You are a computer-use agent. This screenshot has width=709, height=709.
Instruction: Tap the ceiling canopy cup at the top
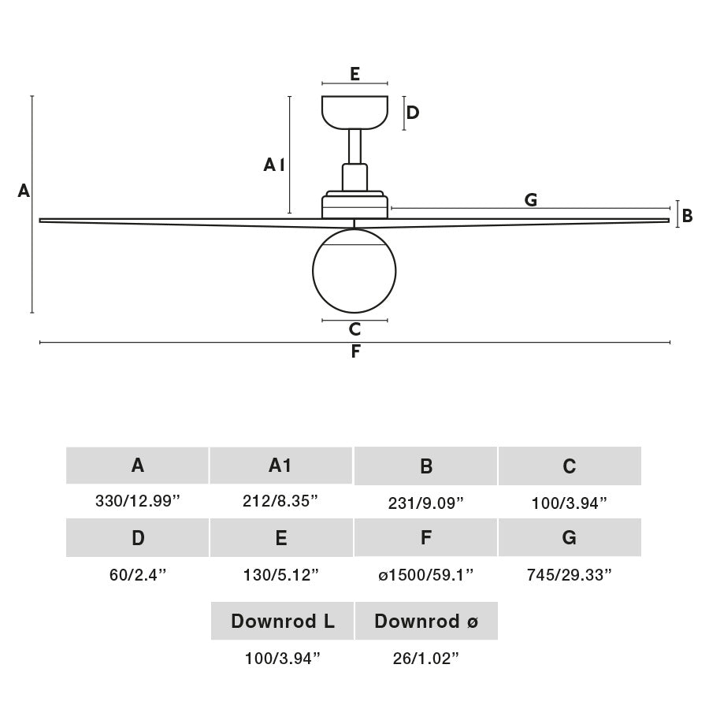pyautogui.click(x=354, y=110)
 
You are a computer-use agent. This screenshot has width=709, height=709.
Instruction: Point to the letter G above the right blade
pyautogui.click(x=531, y=199)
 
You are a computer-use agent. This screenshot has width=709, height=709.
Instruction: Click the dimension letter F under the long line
pyautogui.click(x=355, y=352)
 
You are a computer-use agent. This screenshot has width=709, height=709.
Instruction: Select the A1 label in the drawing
pyautogui.click(x=273, y=165)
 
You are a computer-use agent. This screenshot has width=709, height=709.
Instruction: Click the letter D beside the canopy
pyautogui.click(x=412, y=113)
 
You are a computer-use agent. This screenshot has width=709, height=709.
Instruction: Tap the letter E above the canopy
pyautogui.click(x=354, y=74)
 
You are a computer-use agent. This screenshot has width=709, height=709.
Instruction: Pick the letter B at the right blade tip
pyautogui.click(x=687, y=215)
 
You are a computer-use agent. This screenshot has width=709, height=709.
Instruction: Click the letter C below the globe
pyautogui.click(x=354, y=329)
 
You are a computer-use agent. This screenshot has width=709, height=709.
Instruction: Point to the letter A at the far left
pyautogui.click(x=24, y=191)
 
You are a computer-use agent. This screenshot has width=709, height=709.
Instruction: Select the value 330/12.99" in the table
pyautogui.click(x=138, y=502)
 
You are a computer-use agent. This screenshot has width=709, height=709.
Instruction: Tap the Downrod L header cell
pyautogui.click(x=282, y=621)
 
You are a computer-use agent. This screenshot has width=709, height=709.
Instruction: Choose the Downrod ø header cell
pyautogui.click(x=426, y=621)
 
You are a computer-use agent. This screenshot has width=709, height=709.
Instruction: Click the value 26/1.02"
pyautogui.click(x=426, y=659)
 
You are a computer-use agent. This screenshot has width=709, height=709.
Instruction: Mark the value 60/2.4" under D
pyautogui.click(x=138, y=574)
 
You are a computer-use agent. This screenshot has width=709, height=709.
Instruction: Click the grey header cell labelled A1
pyautogui.click(x=280, y=466)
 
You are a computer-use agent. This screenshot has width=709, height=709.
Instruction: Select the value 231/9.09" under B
pyautogui.click(x=425, y=503)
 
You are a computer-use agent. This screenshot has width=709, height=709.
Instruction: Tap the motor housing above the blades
pyautogui.click(x=354, y=205)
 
